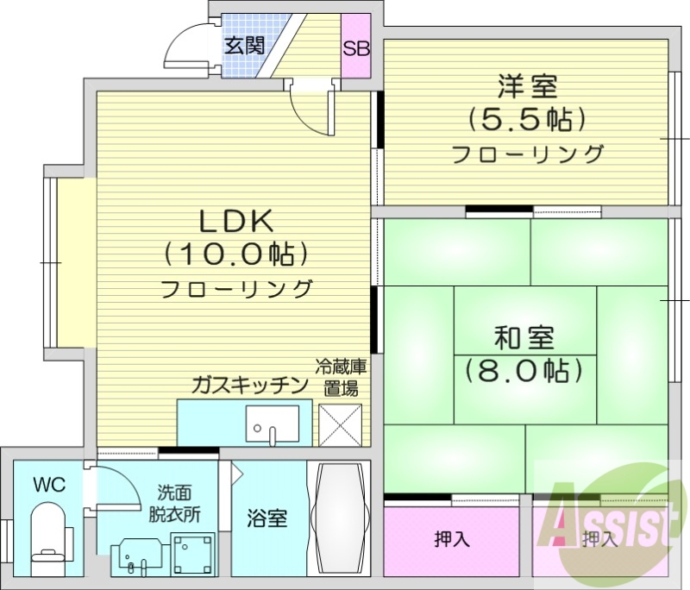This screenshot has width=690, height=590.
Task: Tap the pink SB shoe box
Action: click(x=356, y=47)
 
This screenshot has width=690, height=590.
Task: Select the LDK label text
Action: click(x=236, y=223)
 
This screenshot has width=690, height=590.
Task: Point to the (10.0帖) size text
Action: click(x=236, y=254)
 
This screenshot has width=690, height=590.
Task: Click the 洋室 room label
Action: click(x=526, y=86)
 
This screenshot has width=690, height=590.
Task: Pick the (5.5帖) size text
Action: click(x=526, y=119)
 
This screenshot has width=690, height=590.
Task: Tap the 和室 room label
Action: click(x=524, y=337)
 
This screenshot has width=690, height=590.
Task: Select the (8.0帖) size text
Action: click(x=524, y=371)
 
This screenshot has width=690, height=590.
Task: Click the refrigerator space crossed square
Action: click(x=340, y=424)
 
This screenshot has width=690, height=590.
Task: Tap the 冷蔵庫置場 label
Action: click(x=340, y=377)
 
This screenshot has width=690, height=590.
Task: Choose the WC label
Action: click(x=48, y=486)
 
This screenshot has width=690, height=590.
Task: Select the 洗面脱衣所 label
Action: click(x=179, y=503)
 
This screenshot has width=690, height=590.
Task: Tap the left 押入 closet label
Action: click(x=451, y=541)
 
